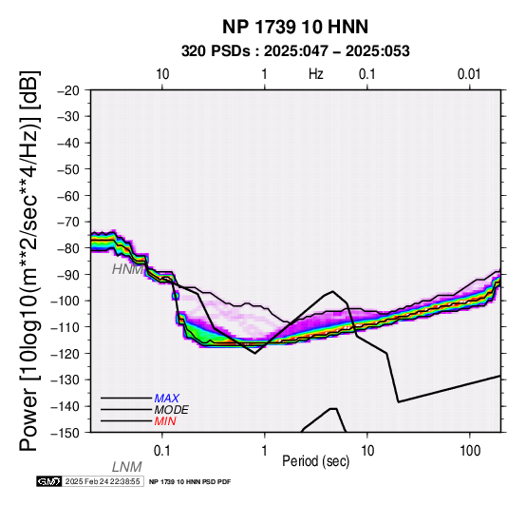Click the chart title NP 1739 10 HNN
click(x=295, y=27)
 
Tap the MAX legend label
click(x=167, y=399)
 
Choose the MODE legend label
click(x=172, y=410)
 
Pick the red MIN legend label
click(x=165, y=421)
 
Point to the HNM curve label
click(x=127, y=269)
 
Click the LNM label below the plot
click(x=127, y=467)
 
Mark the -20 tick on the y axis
click(x=68, y=90)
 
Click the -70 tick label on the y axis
click(x=68, y=223)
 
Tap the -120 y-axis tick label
click(x=66, y=354)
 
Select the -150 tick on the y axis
click(x=66, y=433)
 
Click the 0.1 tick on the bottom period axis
click(x=162, y=451)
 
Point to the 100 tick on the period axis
click(x=470, y=451)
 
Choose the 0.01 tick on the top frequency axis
click(x=469, y=74)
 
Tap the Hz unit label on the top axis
click(x=316, y=74)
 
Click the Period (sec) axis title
click(x=316, y=461)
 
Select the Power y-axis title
click(x=28, y=261)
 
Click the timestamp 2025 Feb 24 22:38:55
click(x=103, y=481)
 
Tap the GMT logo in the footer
click(x=49, y=481)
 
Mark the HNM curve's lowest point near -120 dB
click(x=255, y=353)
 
